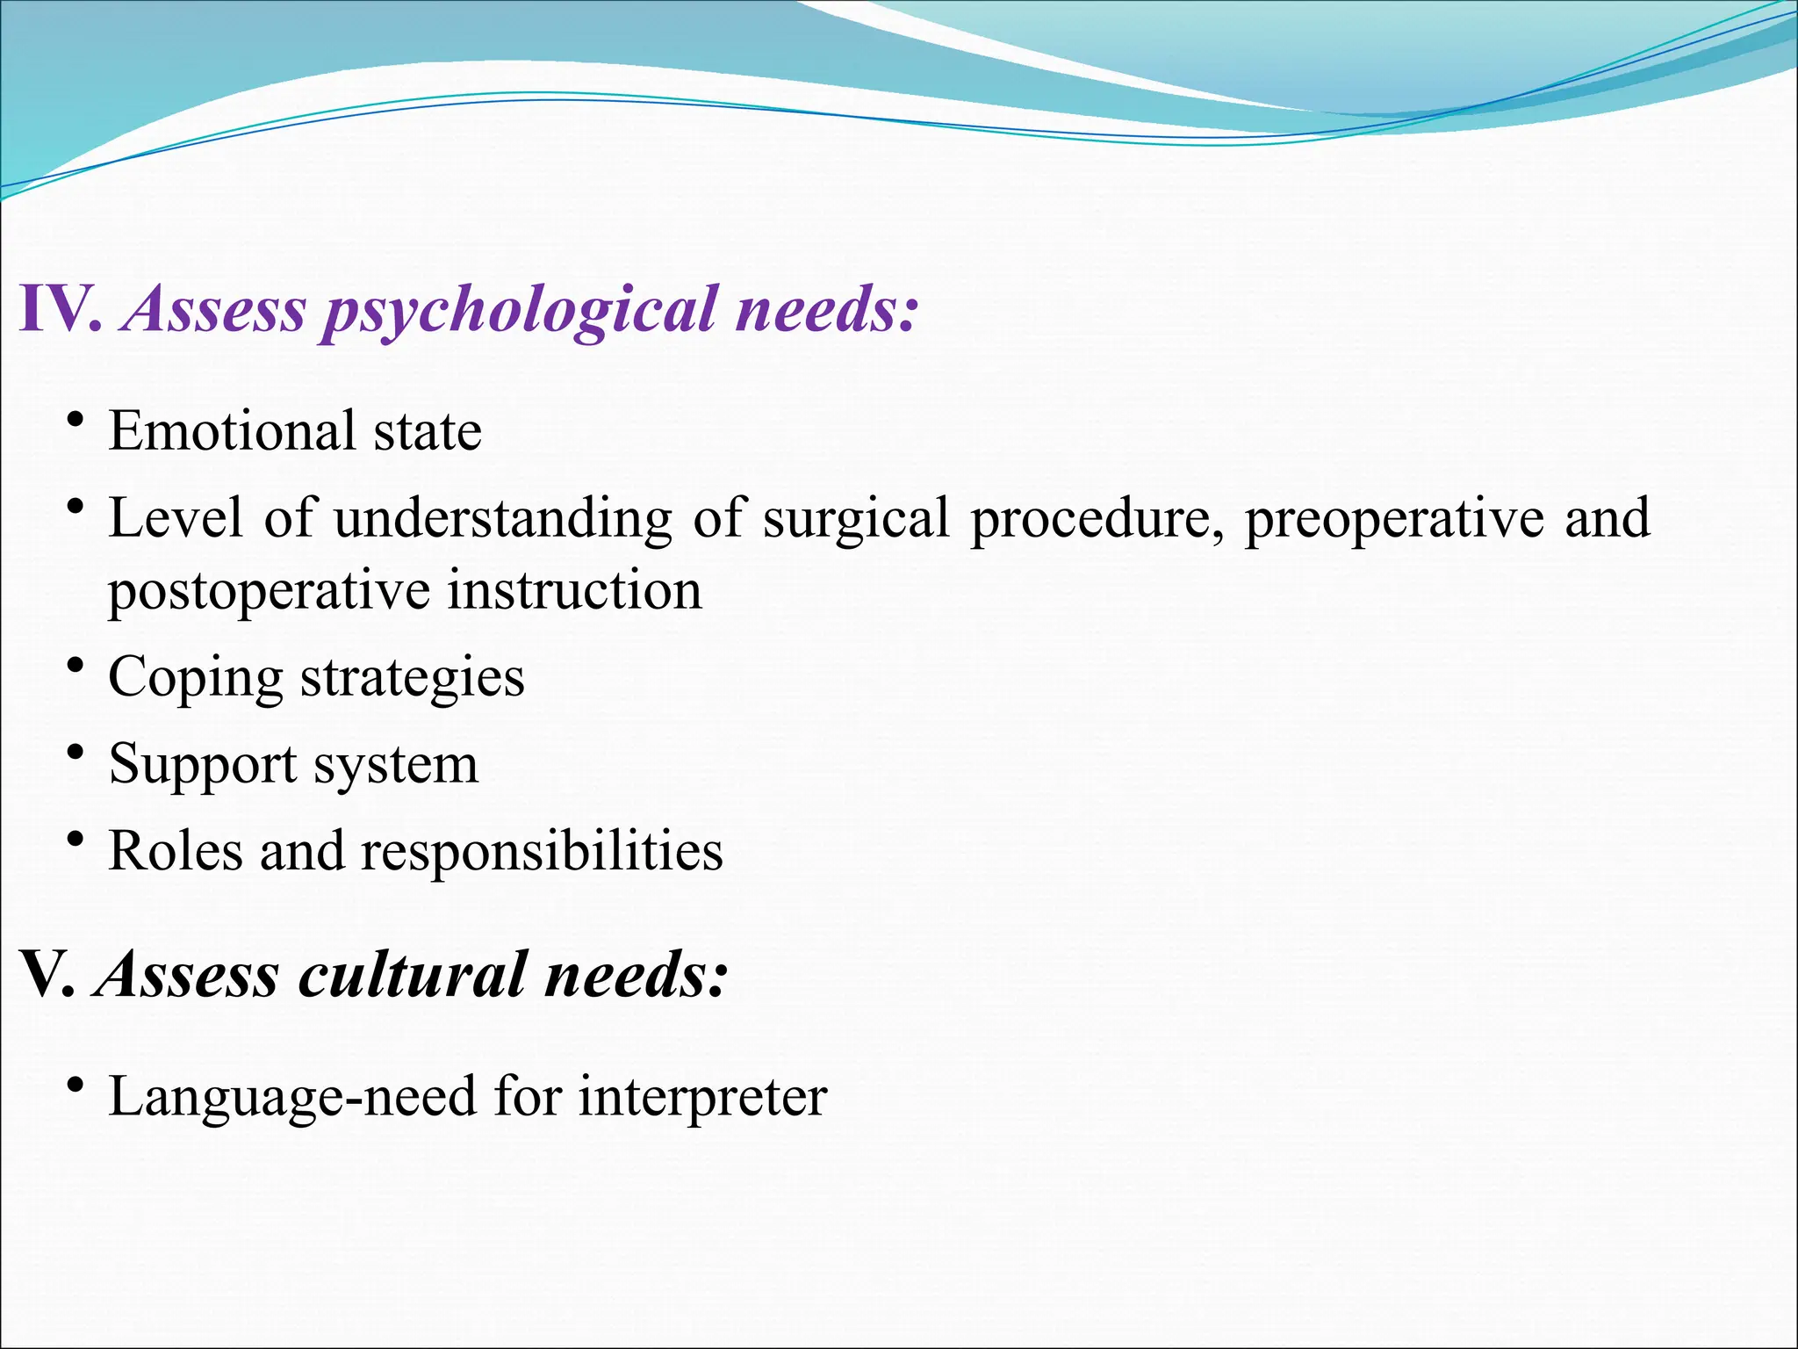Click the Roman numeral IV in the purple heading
(58, 309)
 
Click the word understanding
(502, 518)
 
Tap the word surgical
(856, 518)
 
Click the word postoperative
(269, 591)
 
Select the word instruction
(575, 589)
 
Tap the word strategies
(413, 677)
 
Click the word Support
(202, 764)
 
